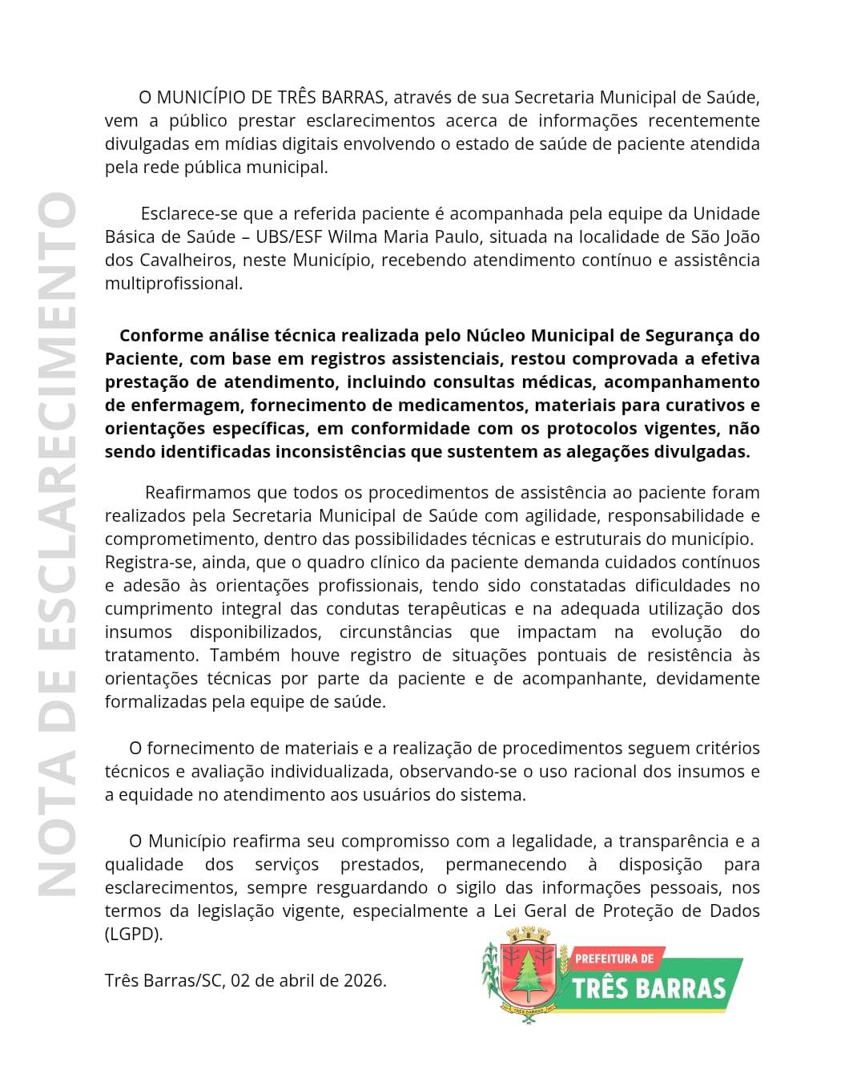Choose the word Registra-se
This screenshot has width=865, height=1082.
(x=148, y=562)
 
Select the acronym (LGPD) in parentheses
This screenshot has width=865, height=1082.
(x=134, y=935)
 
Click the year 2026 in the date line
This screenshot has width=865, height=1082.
(x=364, y=980)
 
